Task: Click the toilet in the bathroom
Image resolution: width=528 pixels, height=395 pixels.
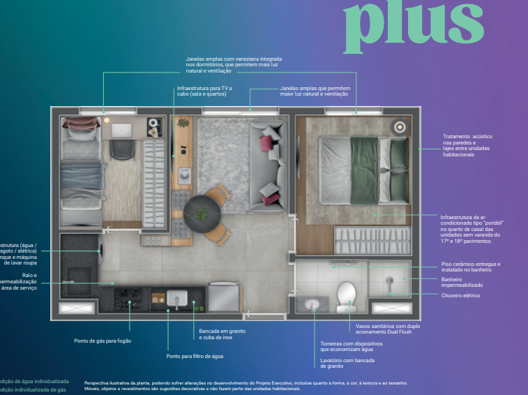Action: coord(347,296)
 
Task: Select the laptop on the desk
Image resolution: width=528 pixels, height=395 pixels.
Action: coord(121,130)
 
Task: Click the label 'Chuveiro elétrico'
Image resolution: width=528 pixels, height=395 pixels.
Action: coord(460,295)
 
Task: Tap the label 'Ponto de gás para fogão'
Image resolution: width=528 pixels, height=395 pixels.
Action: coord(103,341)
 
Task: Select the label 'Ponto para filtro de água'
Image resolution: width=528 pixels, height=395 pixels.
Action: coord(195,356)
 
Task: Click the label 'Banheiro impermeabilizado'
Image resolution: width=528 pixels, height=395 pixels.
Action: coord(461,282)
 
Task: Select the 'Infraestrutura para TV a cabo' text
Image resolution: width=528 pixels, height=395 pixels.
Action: coord(204,92)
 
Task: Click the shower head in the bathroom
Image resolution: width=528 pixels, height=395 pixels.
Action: coord(389,281)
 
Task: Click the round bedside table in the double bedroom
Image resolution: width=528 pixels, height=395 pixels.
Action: coord(400,127)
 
